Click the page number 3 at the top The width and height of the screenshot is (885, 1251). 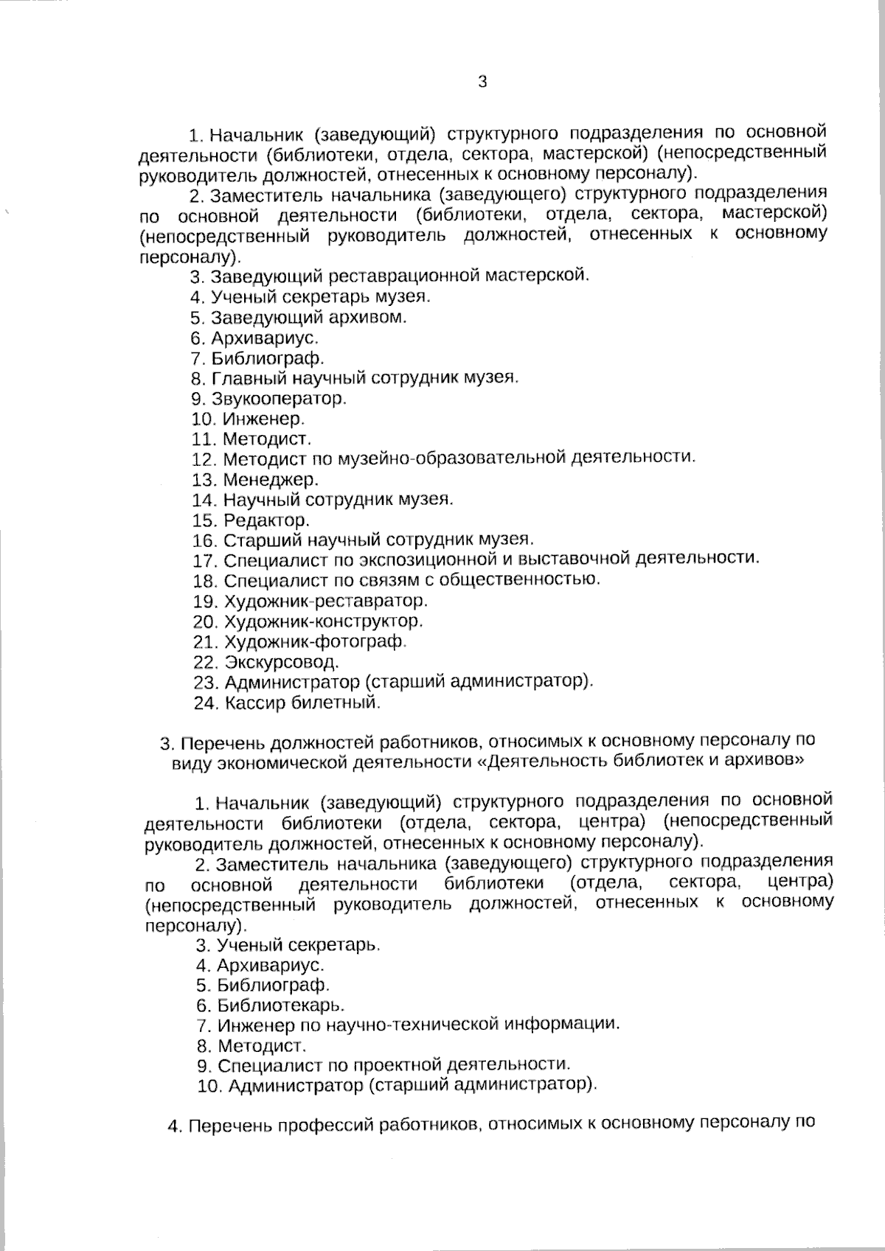point(482,83)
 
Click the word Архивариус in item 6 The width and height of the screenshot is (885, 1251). point(265,338)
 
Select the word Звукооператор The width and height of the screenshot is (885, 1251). point(279,399)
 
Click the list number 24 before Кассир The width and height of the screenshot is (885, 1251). point(206,703)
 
